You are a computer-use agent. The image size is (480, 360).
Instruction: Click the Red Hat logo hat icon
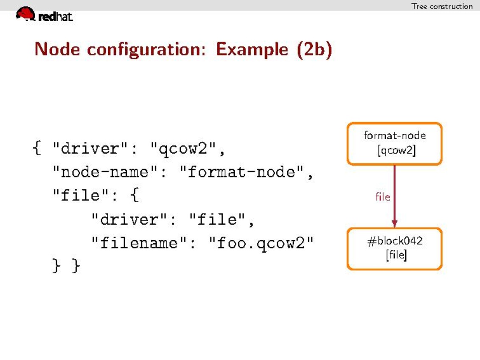click(x=25, y=14)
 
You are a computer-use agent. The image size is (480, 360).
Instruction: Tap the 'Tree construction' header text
click(x=441, y=6)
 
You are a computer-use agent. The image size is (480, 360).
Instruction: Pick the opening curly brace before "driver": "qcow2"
click(x=37, y=149)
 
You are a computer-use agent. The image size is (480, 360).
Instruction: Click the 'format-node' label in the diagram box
click(x=395, y=135)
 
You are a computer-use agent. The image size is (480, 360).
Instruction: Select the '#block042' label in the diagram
click(x=395, y=241)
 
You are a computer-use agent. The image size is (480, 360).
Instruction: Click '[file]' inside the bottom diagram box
click(x=396, y=256)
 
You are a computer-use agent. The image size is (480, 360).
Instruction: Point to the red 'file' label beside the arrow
click(x=382, y=197)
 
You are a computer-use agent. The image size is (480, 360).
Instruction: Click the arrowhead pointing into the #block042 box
click(x=394, y=223)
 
